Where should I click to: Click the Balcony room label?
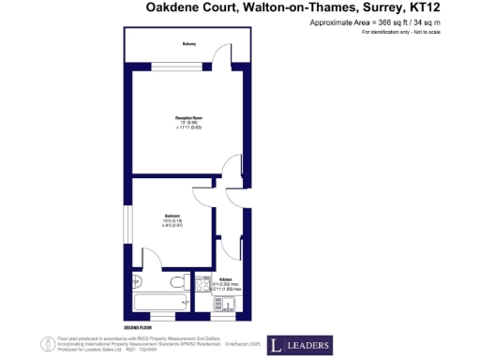(x=188, y=44)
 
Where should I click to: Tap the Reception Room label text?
(x=188, y=117)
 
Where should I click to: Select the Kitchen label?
(x=226, y=278)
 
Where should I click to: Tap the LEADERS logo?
(x=300, y=345)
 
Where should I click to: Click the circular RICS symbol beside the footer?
(x=45, y=343)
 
